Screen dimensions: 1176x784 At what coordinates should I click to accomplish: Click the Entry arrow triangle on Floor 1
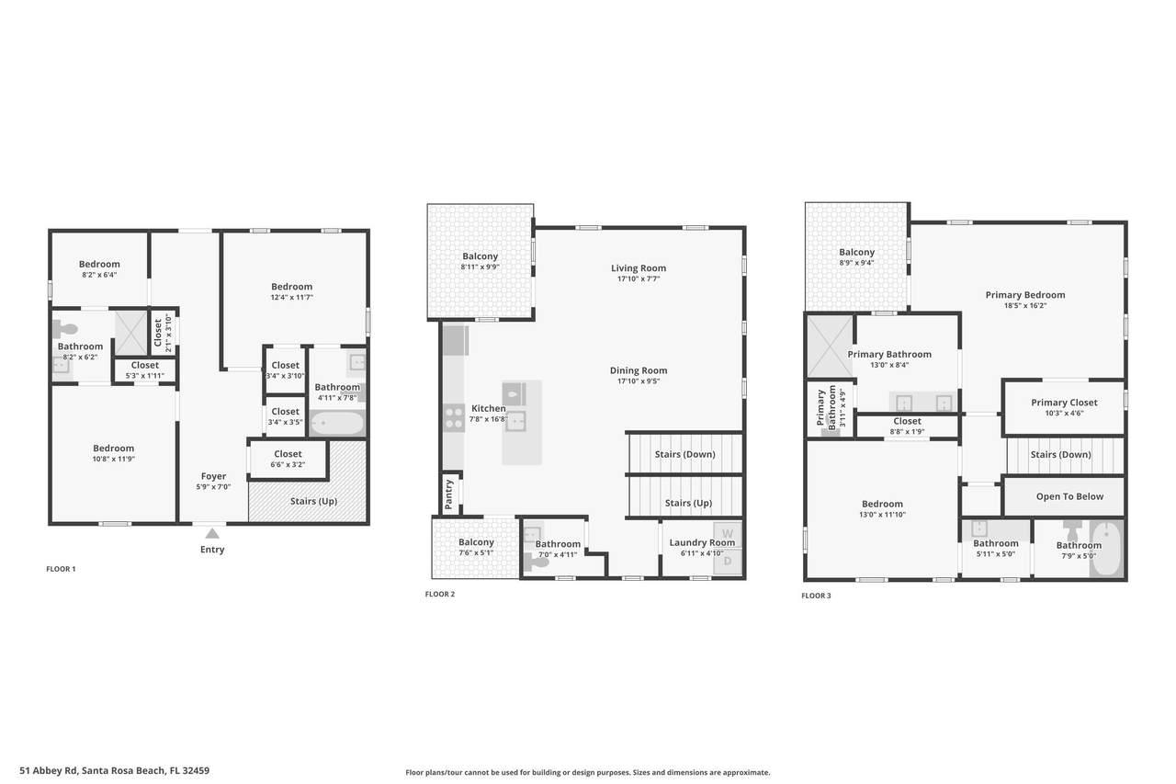pos(212,533)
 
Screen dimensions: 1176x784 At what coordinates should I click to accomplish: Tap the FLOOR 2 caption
pos(440,594)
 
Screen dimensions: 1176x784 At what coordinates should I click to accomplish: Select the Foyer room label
pos(213,476)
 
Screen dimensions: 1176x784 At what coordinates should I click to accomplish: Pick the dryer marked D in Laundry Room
pos(728,562)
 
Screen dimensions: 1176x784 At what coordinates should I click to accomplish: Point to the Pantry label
pos(448,494)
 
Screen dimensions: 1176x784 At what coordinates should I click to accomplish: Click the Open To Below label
pos(1069,496)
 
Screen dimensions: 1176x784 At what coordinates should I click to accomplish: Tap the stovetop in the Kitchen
pos(454,417)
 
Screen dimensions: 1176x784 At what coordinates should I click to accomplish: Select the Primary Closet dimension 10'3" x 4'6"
pos(1064,414)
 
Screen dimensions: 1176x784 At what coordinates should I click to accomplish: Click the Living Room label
pos(639,267)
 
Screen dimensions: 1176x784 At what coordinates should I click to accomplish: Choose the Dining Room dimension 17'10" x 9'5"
pos(639,381)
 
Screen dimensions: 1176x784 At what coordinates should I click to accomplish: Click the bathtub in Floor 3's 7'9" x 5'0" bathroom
pos(1107,549)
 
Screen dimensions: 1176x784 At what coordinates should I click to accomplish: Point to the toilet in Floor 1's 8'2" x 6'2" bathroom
pos(65,329)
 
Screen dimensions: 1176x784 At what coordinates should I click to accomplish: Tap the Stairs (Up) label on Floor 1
pos(313,501)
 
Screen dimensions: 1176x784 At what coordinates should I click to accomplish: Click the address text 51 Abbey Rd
pos(49,770)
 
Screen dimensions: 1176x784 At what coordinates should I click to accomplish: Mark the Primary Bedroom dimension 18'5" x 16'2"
pos(1025,306)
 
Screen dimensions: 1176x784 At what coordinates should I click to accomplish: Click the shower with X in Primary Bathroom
pos(830,347)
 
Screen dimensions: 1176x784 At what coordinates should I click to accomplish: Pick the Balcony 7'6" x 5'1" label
pos(476,547)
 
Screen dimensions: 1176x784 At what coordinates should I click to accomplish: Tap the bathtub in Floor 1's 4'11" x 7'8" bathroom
pos(337,423)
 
